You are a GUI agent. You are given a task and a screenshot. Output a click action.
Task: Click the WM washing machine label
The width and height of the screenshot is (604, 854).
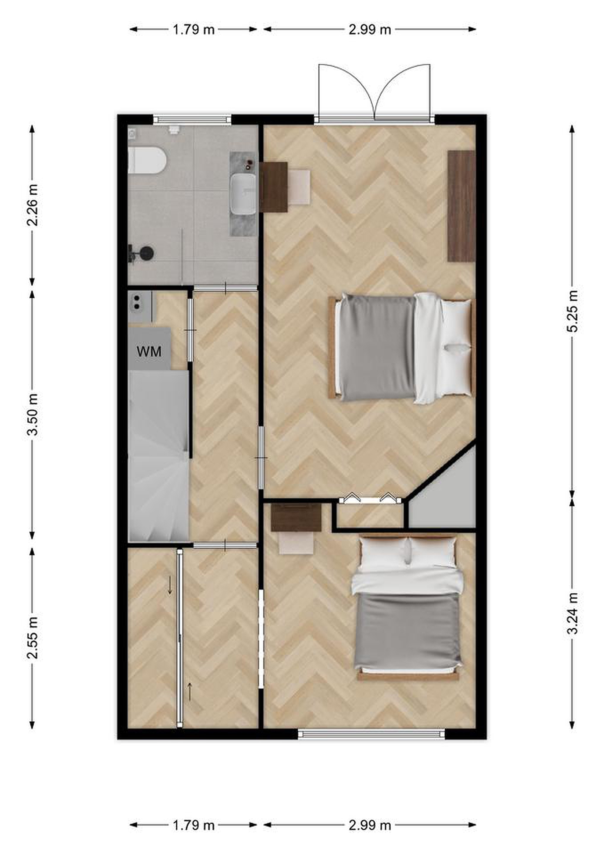coord(149,351)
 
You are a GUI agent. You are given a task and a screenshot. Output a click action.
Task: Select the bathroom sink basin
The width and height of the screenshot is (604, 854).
coord(244,194)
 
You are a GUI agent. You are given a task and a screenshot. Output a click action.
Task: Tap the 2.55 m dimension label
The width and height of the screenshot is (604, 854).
coord(32,638)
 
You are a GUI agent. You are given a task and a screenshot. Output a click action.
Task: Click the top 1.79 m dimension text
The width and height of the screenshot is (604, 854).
coord(193,29)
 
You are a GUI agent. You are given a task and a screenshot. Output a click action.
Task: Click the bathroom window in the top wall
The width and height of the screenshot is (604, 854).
coord(192,120)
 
